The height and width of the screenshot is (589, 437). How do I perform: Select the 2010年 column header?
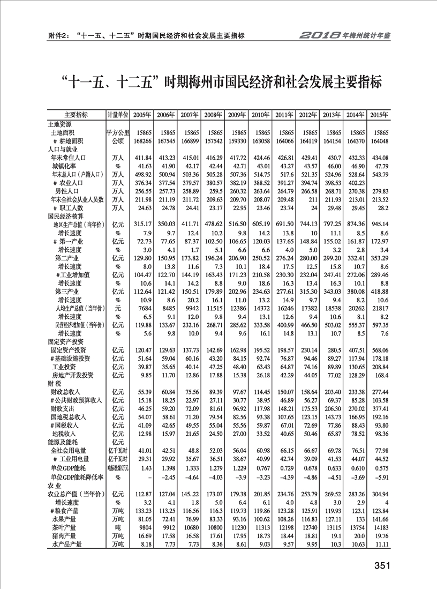260,115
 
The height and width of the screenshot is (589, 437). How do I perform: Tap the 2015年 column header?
379,115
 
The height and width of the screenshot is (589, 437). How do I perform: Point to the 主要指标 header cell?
76,115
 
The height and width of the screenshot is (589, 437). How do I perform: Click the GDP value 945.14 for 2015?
379,225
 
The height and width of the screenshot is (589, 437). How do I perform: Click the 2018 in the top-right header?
320,35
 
